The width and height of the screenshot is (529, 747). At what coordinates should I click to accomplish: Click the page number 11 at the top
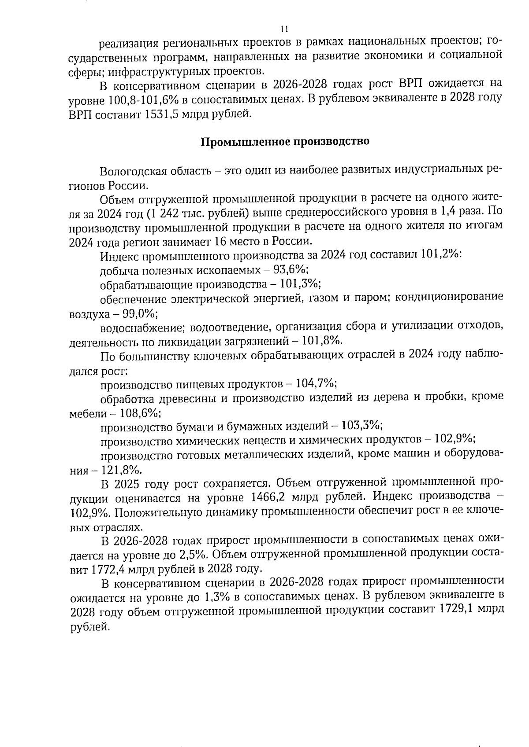(x=284, y=29)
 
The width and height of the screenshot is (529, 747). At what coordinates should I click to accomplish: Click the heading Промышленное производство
(x=285, y=142)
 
